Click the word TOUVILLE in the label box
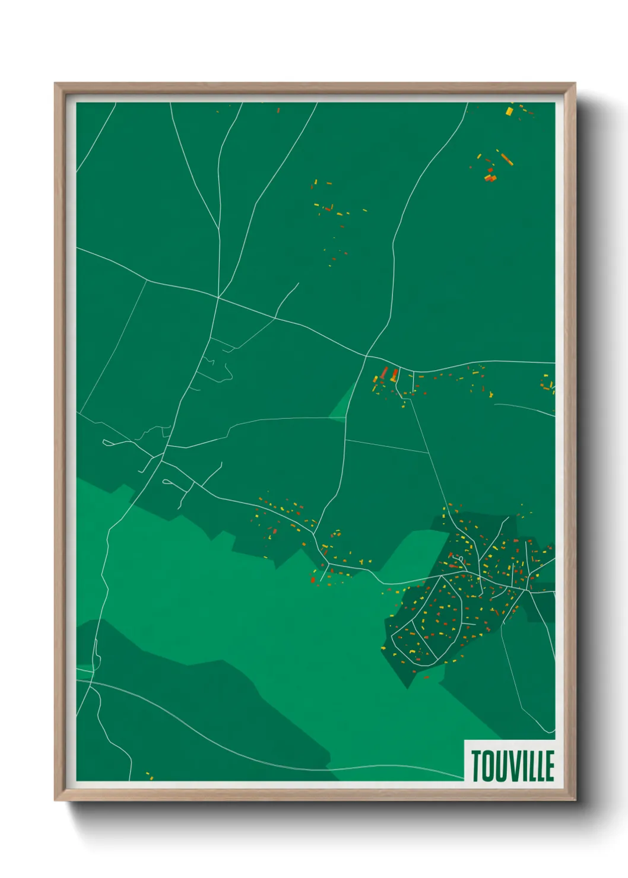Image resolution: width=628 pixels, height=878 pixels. click(x=513, y=766)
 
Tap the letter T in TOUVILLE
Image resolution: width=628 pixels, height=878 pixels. click(x=476, y=766)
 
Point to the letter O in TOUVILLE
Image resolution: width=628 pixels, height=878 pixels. click(x=488, y=766)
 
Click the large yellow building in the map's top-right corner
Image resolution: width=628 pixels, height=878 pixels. click(x=509, y=111)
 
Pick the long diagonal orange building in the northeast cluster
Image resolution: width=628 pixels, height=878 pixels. click(x=506, y=159)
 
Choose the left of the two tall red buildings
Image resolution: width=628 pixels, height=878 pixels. click(x=384, y=373)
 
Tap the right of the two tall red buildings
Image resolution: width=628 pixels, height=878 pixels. click(x=394, y=374)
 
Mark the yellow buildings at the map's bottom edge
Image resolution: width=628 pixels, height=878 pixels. click(x=149, y=775)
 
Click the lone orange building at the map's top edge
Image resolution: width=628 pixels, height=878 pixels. click(x=278, y=110)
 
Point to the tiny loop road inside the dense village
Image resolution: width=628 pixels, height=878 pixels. click(x=461, y=559)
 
